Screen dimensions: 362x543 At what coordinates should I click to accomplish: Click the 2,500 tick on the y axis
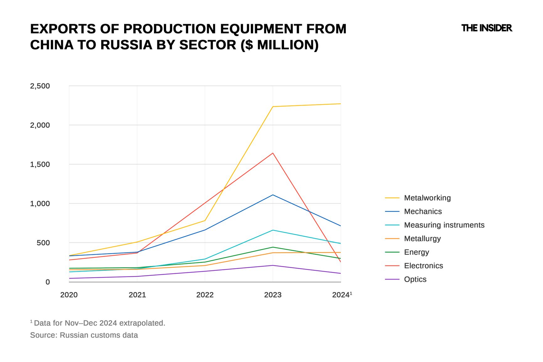(40, 86)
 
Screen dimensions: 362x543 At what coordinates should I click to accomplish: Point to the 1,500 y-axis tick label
(40, 165)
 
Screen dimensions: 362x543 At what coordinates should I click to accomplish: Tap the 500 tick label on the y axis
(43, 243)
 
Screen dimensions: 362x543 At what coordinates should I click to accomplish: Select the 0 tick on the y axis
(48, 282)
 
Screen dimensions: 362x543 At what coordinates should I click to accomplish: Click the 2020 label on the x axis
(69, 295)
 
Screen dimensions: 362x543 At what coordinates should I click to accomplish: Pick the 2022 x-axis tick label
(205, 295)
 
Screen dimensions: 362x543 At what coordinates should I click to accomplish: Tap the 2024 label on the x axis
(341, 295)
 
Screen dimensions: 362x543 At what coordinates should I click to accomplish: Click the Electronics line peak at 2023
(273, 153)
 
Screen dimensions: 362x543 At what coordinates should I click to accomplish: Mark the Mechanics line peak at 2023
(273, 195)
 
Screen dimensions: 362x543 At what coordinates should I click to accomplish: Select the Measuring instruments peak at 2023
(273, 230)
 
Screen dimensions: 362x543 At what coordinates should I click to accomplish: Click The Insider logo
(487, 28)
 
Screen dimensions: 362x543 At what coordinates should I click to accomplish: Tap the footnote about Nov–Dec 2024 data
(98, 323)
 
